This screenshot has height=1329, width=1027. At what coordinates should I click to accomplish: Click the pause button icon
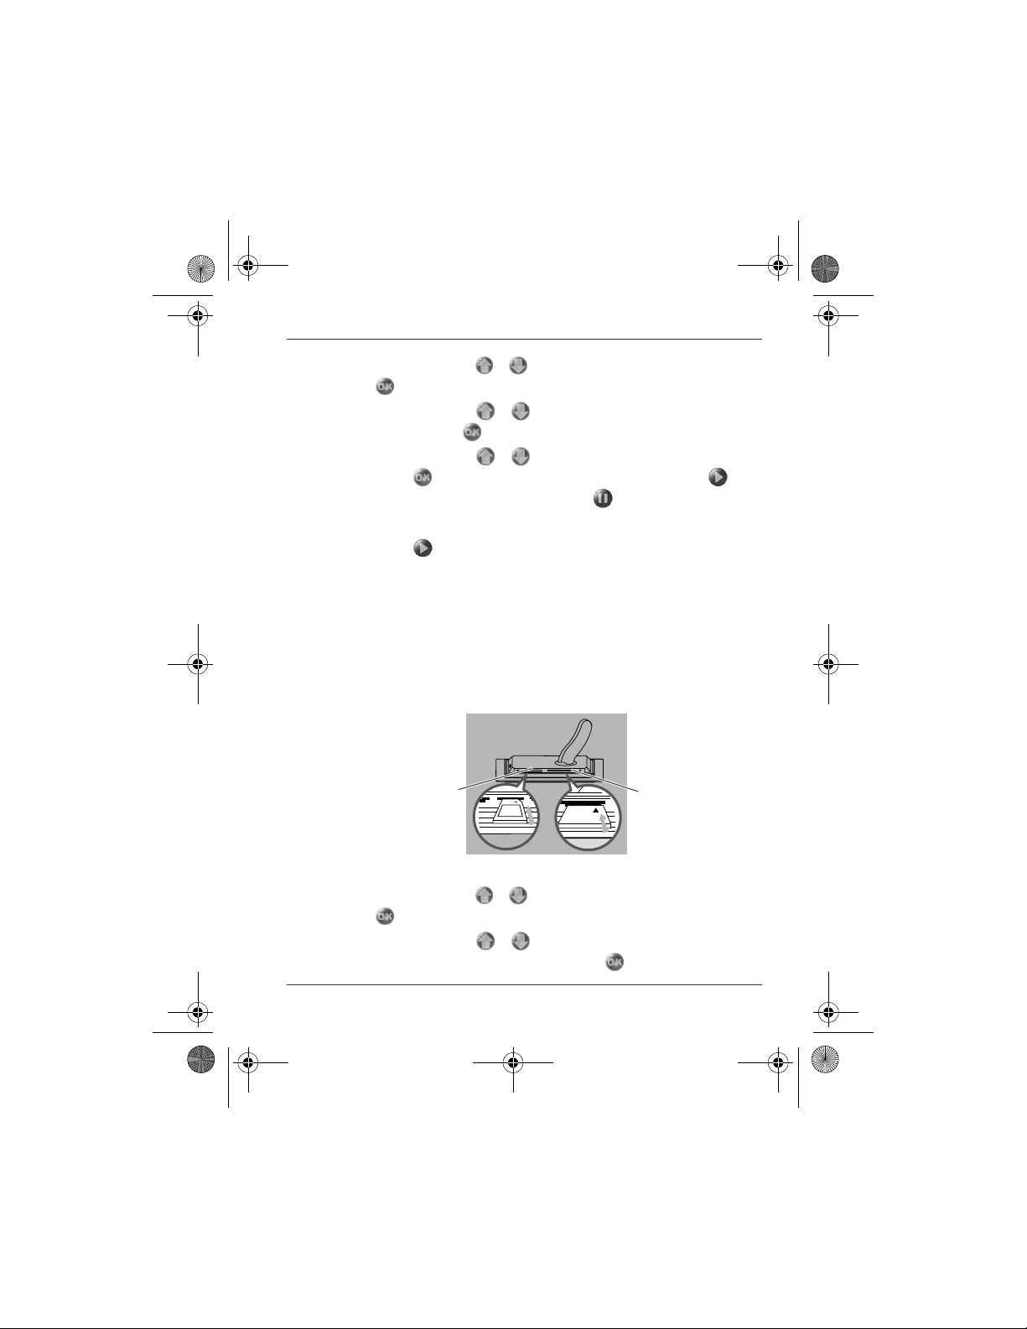coord(603,498)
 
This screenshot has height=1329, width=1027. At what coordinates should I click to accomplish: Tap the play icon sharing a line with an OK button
coord(718,477)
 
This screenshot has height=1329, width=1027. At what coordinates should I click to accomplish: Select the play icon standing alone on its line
coord(423,548)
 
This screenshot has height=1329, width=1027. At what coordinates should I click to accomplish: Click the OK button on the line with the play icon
coord(423,477)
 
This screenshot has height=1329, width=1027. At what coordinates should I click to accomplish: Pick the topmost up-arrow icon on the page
coord(485,366)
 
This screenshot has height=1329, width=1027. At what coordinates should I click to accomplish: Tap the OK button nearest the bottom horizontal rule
coord(615,962)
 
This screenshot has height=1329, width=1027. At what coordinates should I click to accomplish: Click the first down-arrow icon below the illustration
coord(518,896)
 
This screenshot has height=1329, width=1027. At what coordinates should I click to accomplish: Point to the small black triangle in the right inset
coord(596,810)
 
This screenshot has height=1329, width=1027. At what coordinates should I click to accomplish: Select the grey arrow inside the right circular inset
coord(605,823)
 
